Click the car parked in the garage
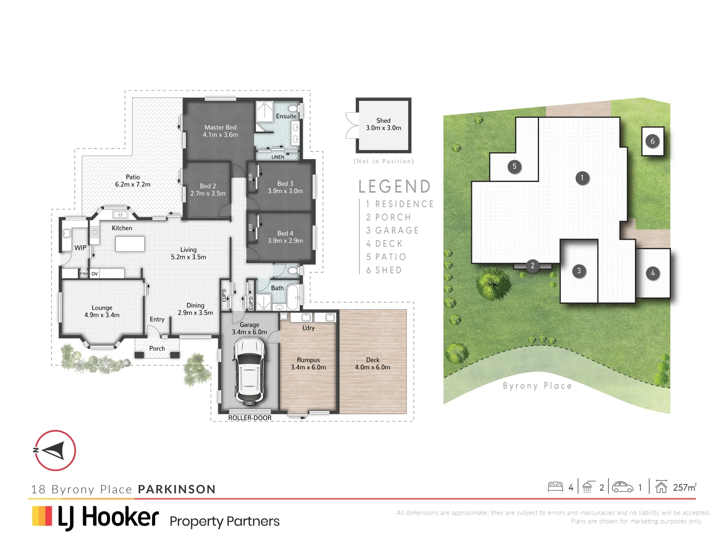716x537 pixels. pos(249,370)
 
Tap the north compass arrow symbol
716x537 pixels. pos(55,450)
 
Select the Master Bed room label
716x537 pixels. pos(220,131)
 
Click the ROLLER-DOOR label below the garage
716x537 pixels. pos(250,418)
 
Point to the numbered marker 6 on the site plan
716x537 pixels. pos(653,141)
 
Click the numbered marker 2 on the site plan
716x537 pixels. pos(533,266)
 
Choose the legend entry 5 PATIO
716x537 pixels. pos(386,257)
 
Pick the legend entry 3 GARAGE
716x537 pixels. pos(392,231)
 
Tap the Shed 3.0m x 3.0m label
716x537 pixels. pos(383,124)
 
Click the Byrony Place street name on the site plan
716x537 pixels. pos(537,386)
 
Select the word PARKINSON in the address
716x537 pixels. pos(177,489)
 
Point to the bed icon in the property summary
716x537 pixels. pos(555,487)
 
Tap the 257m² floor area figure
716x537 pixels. pos(684,487)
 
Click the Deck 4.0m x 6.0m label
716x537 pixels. pos(372,363)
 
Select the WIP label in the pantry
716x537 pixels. pos(80,248)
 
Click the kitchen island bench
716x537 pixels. pos(130,244)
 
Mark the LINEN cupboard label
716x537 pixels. pos(277,157)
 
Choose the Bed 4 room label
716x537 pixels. pos(285,237)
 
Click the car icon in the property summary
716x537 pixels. pos(622,487)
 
